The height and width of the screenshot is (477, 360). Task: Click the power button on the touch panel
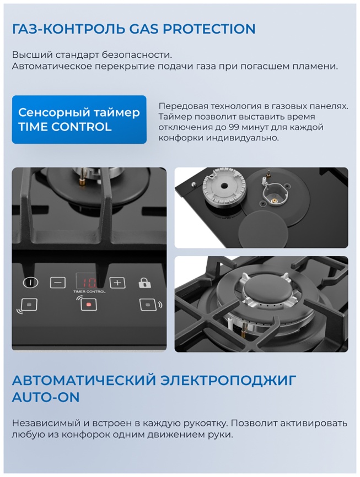(31, 283)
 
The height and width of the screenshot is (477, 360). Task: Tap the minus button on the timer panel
(57, 283)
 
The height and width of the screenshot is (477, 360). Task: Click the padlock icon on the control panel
(144, 283)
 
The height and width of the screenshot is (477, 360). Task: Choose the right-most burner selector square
(147, 304)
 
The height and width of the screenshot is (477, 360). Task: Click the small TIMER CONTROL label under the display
(89, 292)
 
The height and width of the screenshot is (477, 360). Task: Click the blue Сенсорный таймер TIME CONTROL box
(79, 120)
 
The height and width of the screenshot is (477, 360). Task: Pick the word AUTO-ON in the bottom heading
(46, 397)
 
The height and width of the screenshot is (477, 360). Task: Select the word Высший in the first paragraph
(29, 55)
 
